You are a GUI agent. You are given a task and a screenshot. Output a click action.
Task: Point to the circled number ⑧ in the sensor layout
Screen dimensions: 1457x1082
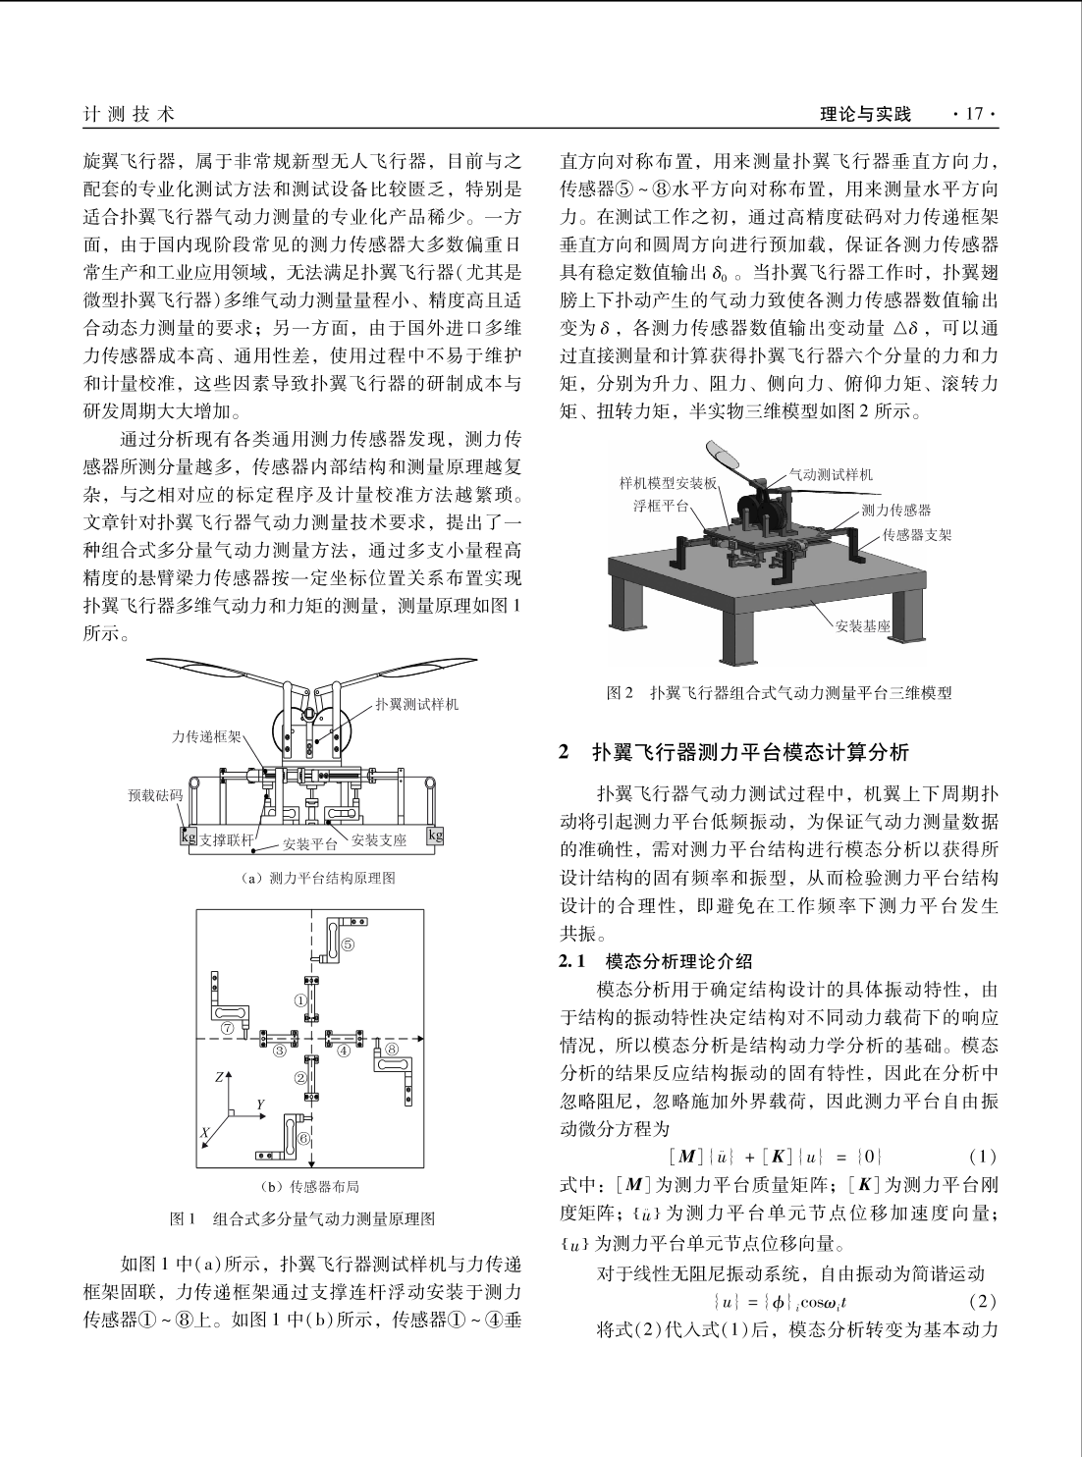point(391,1049)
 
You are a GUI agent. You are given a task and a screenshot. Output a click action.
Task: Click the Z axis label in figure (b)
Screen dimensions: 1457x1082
point(223,1077)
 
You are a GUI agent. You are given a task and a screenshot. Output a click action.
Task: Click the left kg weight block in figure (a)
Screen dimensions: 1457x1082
point(187,836)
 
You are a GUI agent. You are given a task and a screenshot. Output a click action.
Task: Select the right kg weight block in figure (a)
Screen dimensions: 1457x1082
point(435,836)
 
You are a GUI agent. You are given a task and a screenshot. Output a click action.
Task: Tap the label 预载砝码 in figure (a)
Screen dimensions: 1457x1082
point(156,795)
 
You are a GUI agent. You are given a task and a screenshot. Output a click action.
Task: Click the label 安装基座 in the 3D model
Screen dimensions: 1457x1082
point(862,625)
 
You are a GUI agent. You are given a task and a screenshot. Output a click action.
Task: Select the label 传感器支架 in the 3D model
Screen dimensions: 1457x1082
point(916,534)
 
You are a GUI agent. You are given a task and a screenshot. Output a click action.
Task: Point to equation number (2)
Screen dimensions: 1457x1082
point(982,1303)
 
